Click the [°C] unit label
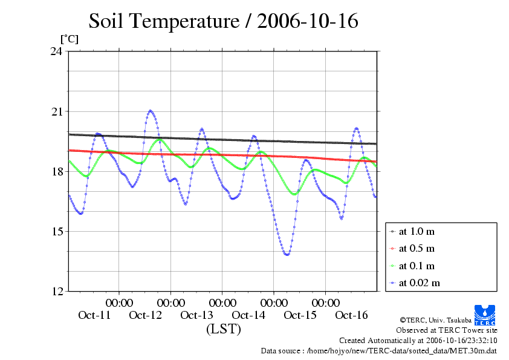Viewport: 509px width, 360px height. pyautogui.click(x=69, y=39)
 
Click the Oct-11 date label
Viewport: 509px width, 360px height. pyautogui.click(x=94, y=315)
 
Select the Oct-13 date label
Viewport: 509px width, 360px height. pyautogui.click(x=197, y=315)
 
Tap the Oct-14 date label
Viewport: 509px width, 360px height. pyautogui.click(x=248, y=315)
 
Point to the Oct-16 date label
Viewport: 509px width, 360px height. pyautogui.click(x=351, y=315)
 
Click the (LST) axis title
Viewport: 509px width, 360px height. pyautogui.click(x=223, y=330)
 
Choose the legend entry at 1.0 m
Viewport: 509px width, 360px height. pyautogui.click(x=417, y=231)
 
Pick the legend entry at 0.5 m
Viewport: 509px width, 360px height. pyautogui.click(x=417, y=249)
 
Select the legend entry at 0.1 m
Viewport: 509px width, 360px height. pyautogui.click(x=417, y=266)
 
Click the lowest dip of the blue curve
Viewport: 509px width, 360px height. pyautogui.click(x=287, y=255)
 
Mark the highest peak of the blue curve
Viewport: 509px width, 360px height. pyautogui.click(x=151, y=111)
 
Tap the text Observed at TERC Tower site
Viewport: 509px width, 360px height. pyautogui.click(x=446, y=330)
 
